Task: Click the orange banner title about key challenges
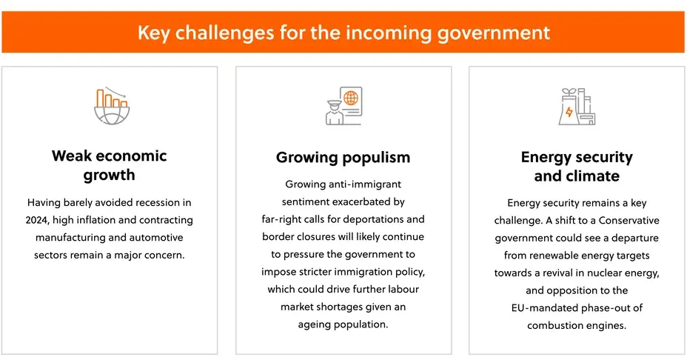tap(343, 33)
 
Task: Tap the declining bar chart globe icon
tap(113, 106)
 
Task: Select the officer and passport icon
tap(344, 106)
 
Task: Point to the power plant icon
tap(577, 106)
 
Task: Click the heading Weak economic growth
tap(109, 165)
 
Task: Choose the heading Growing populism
tap(343, 157)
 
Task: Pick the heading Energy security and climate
tap(577, 166)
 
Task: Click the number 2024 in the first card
tap(37, 220)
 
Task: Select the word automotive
tap(156, 237)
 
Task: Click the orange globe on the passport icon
tap(350, 98)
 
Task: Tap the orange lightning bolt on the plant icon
tap(569, 112)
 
